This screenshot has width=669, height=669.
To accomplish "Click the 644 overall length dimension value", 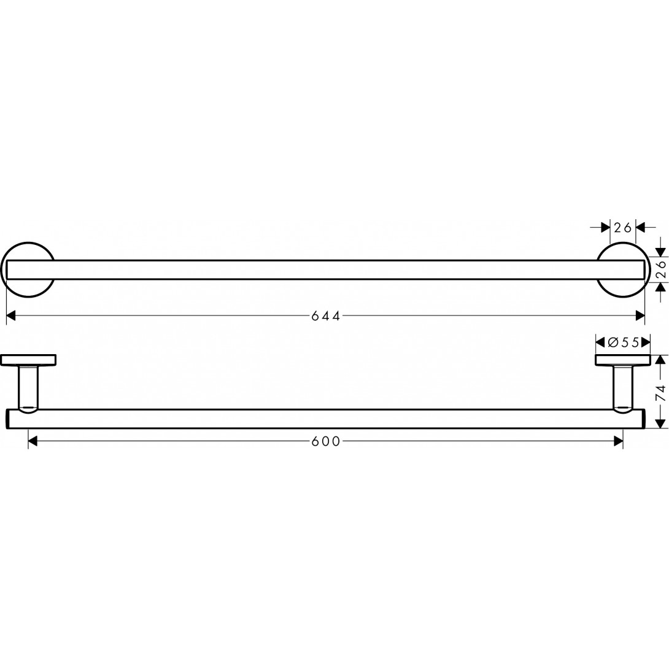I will (325, 316).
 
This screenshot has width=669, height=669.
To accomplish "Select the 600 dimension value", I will (325, 441).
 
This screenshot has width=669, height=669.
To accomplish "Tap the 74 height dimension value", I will (660, 393).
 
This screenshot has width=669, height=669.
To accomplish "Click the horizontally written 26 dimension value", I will (623, 228).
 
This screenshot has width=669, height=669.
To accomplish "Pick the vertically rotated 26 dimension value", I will (660, 270).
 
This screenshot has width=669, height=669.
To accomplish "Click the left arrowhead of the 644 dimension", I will (10, 316).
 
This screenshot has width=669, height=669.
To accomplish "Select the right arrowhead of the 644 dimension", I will (640, 316).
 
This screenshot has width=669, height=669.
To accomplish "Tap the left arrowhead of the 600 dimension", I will (33, 441).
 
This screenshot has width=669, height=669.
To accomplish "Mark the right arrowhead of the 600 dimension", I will (618, 441).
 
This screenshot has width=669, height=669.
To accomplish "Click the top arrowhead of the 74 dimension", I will (660, 360).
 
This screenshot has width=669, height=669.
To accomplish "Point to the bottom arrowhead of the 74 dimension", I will (660, 423).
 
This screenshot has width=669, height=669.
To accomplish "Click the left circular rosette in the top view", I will (28, 270).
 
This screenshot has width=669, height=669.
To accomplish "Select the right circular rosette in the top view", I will (622, 270).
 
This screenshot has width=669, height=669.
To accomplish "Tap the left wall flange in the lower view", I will (28, 360).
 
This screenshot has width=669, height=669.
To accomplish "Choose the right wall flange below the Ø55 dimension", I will (622, 360).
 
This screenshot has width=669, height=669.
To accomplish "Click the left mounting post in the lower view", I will (28, 387).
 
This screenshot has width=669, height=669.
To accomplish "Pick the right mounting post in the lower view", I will (622, 387).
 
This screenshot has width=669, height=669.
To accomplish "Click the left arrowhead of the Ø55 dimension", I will (600, 342).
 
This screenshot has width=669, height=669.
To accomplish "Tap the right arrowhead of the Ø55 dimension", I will (646, 342).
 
